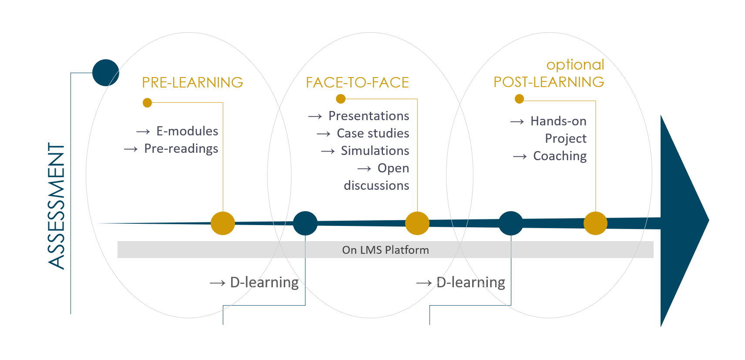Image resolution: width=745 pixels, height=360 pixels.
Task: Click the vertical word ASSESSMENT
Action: pyautogui.click(x=56, y=206)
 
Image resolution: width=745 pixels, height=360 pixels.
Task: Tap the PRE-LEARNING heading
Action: pyautogui.click(x=192, y=83)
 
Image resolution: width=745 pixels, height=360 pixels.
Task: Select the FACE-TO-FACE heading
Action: pyautogui.click(x=357, y=83)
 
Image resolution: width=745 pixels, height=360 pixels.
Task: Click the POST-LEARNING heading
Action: pyautogui.click(x=549, y=82)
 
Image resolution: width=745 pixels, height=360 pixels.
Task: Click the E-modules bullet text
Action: pyautogui.click(x=187, y=131)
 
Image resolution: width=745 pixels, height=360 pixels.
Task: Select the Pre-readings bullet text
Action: pyautogui.click(x=181, y=149)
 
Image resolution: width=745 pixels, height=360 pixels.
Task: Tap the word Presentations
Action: pyautogui.click(x=369, y=116)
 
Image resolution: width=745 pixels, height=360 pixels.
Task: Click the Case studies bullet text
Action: pyautogui.click(x=373, y=133)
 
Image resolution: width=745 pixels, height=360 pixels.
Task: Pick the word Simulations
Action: pyautogui.click(x=375, y=151)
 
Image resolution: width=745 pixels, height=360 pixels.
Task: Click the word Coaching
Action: pyautogui.click(x=560, y=156)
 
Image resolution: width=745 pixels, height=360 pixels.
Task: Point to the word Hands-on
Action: pyautogui.click(x=558, y=121)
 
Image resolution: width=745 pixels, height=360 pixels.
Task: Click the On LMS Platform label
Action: pyautogui.click(x=386, y=250)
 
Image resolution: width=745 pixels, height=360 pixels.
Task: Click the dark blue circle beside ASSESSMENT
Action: pyautogui.click(x=106, y=73)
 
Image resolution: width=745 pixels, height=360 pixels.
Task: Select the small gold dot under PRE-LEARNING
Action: pyautogui.click(x=148, y=103)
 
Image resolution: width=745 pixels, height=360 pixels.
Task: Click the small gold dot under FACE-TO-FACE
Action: pyautogui.click(x=341, y=99)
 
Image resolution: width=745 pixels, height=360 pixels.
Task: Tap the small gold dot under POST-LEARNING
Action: pyautogui.click(x=519, y=99)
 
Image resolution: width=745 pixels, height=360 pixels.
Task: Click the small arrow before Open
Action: pyautogui.click(x=364, y=169)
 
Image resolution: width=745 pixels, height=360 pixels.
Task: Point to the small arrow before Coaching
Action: pyautogui.click(x=520, y=156)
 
